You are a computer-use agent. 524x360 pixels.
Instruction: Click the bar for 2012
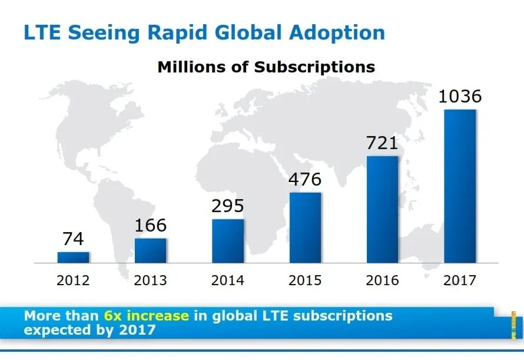pyautogui.click(x=73, y=257)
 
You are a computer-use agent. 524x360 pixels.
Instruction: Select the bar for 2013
pyautogui.click(x=150, y=250)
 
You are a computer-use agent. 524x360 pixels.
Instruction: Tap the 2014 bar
pyautogui.click(x=228, y=241)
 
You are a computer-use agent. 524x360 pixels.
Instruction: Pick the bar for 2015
pyautogui.click(x=305, y=227)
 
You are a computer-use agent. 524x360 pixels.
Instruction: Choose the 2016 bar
pyautogui.click(x=382, y=209)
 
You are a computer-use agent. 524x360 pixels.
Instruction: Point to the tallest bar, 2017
pyautogui.click(x=460, y=186)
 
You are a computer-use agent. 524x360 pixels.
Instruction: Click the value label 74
pyautogui.click(x=73, y=239)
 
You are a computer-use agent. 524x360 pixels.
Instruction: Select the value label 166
pyautogui.click(x=150, y=225)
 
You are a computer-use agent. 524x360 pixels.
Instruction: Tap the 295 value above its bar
pyautogui.click(x=228, y=206)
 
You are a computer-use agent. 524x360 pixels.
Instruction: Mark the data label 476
pyautogui.click(x=305, y=180)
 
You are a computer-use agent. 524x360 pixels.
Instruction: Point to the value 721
pyautogui.click(x=382, y=143)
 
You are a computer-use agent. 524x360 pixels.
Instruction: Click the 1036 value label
pyautogui.click(x=460, y=97)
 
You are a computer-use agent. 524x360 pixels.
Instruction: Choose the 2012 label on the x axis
pyautogui.click(x=73, y=280)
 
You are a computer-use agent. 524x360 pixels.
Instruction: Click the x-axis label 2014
pyautogui.click(x=228, y=280)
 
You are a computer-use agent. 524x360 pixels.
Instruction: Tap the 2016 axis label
pyautogui.click(x=382, y=280)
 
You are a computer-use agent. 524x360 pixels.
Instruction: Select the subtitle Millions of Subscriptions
pyautogui.click(x=266, y=67)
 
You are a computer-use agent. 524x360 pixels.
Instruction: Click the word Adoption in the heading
pyautogui.click(x=337, y=32)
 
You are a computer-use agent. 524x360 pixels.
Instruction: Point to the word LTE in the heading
pyautogui.click(x=42, y=32)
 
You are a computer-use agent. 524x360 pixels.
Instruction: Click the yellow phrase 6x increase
pyautogui.click(x=146, y=316)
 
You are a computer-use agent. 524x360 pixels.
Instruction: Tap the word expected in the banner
pyautogui.click(x=51, y=329)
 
